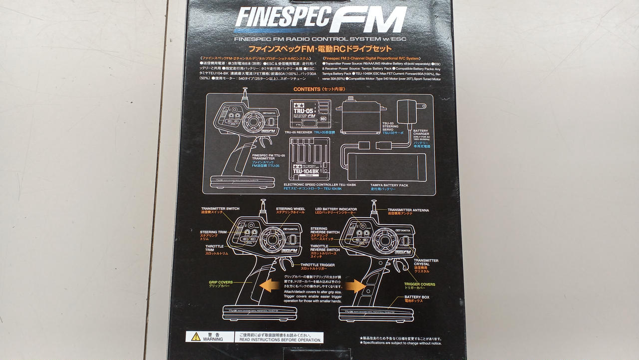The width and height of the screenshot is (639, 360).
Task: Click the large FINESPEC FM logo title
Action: (320, 20)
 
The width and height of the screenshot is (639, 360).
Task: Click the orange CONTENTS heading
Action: (307, 89)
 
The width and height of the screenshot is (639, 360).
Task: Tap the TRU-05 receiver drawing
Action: (310, 114)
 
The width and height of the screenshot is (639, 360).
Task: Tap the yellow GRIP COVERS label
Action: (221, 282)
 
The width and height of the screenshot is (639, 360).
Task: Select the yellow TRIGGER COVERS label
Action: (419, 284)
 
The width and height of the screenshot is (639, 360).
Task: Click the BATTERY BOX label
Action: (416, 297)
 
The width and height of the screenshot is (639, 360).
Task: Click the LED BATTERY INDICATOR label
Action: (335, 209)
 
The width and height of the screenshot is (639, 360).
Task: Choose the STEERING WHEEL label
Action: (290, 209)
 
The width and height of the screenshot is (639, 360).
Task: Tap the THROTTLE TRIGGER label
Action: (318, 265)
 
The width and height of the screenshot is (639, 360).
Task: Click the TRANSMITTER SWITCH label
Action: (220, 208)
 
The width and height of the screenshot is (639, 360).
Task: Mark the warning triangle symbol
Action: (195, 337)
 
